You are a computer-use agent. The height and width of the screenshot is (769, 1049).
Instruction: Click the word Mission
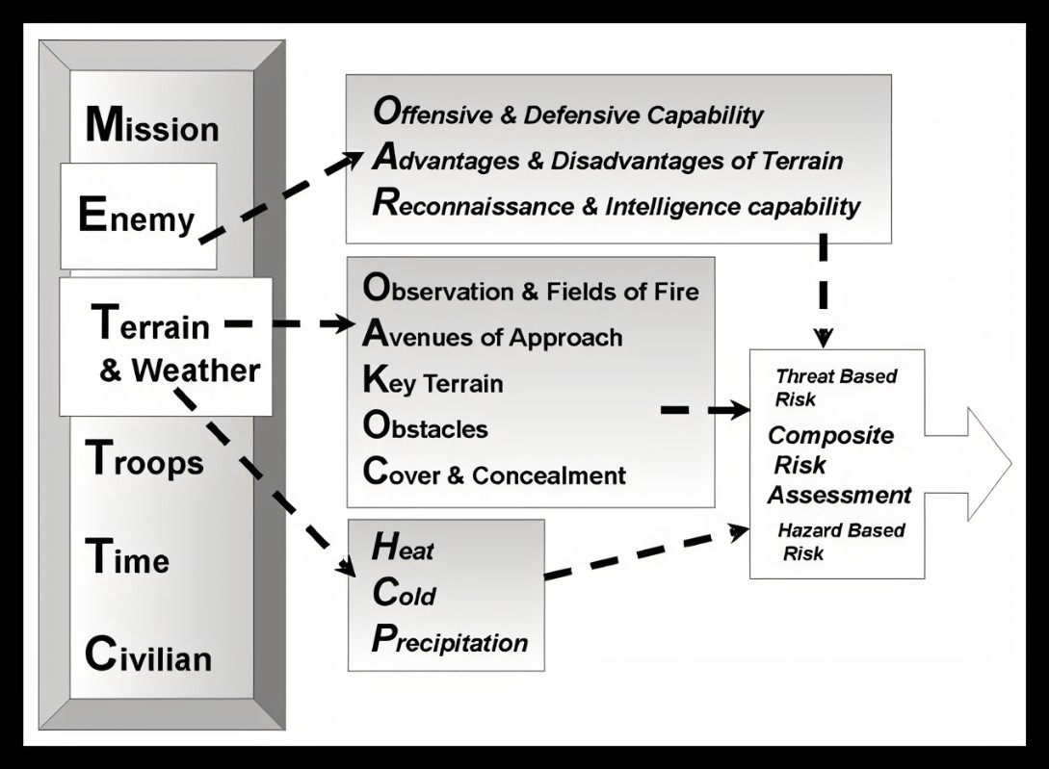152,126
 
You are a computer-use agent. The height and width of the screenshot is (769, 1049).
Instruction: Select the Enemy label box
138,217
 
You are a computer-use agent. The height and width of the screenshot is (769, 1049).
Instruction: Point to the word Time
127,558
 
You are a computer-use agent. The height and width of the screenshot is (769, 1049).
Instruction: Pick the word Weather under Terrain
196,371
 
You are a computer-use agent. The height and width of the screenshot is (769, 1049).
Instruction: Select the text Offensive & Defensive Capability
568,115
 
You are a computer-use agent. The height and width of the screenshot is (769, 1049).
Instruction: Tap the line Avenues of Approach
492,337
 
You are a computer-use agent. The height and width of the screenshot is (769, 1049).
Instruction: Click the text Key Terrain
433,383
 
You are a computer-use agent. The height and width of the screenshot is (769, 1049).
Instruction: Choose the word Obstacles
425,427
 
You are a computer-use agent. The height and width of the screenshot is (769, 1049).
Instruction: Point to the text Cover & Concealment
494,474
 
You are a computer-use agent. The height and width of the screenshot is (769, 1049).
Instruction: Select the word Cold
404,595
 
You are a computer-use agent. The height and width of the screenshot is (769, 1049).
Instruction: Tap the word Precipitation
450,641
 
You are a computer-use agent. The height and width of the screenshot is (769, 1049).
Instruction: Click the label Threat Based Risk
835,386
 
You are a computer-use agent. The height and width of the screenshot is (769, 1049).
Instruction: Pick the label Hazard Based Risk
840,541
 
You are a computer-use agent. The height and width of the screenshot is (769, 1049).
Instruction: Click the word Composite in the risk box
830,435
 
